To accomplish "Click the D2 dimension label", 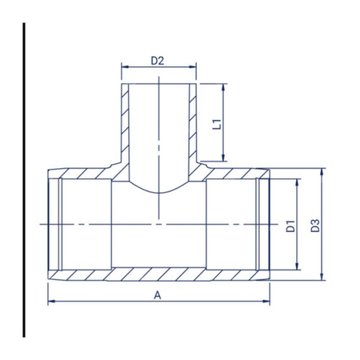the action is click(x=157, y=61).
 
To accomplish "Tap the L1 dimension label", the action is click(x=217, y=125).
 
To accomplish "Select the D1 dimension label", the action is click(x=290, y=226).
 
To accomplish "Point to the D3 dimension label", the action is click(x=315, y=226).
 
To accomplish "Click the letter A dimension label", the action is click(x=158, y=295).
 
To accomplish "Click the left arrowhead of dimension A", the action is click(x=51, y=302).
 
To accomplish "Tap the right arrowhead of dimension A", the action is click(x=266, y=302).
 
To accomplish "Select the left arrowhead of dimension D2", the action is click(x=125, y=67).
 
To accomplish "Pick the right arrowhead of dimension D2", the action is click(x=193, y=67).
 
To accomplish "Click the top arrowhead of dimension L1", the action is click(x=223, y=87).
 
